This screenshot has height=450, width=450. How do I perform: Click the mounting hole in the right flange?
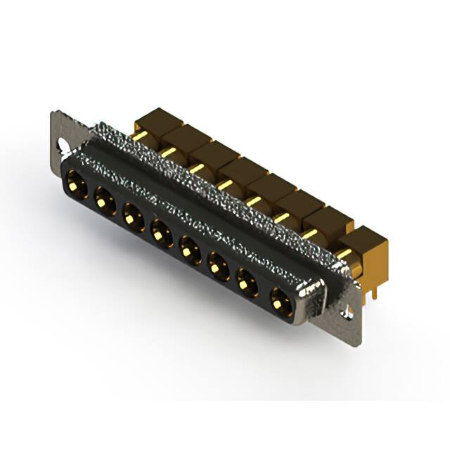click(345, 311)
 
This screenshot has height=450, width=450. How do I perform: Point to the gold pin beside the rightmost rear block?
click(343, 252)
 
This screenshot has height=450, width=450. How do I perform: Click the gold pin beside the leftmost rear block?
click(141, 135)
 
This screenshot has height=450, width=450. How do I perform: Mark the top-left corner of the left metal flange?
click(54, 112)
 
